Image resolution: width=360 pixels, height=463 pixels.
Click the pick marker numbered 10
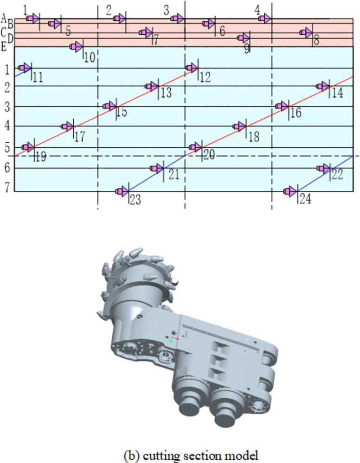pos(76,47)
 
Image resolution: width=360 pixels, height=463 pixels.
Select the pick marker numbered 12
pos(192,68)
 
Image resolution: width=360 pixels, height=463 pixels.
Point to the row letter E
pos(4,47)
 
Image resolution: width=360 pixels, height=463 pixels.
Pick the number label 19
pos(41,157)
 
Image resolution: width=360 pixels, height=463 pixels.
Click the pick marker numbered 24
pos(290,191)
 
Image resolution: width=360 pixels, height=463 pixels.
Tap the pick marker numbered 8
pos(306,32)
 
